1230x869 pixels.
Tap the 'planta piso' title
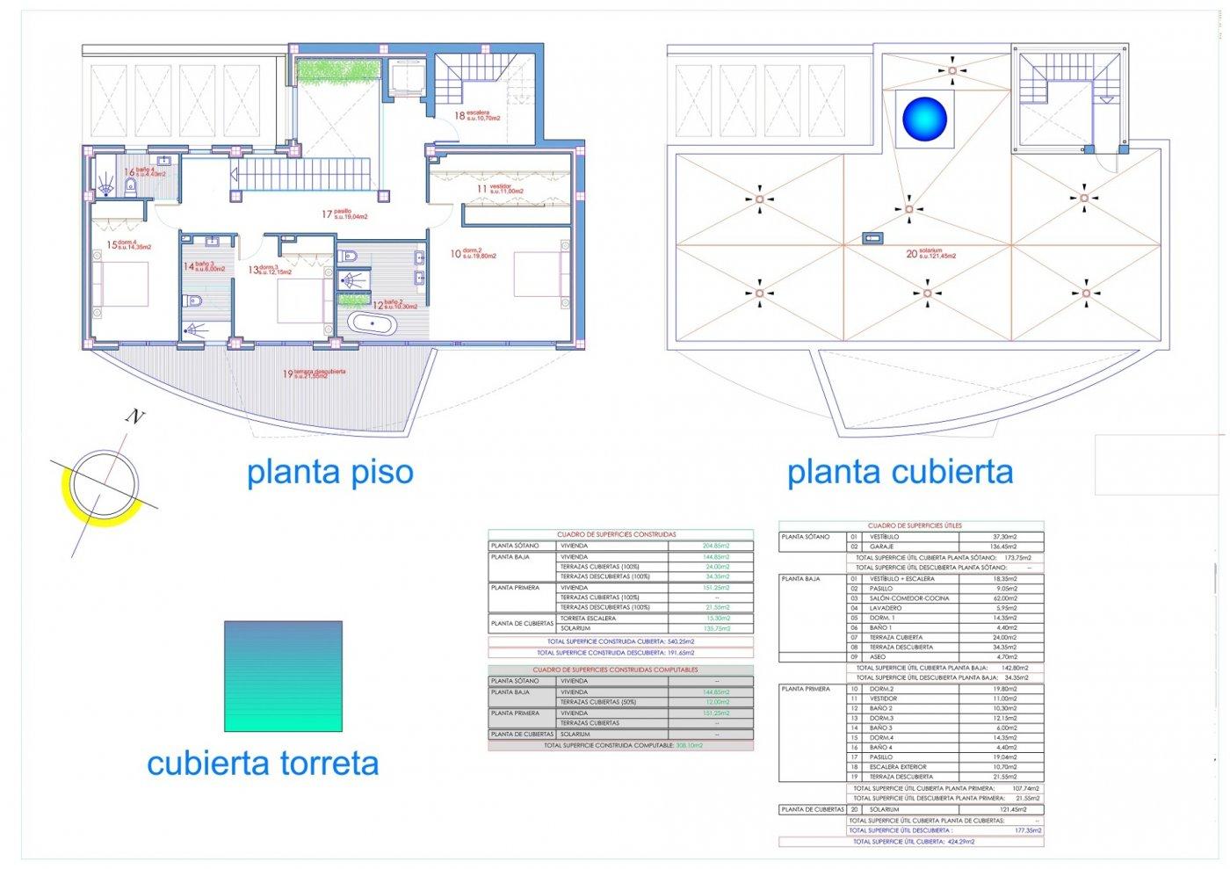[329, 472]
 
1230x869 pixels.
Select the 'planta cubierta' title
[900, 472]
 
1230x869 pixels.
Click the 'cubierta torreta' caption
[263, 763]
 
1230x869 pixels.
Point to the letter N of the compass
[134, 416]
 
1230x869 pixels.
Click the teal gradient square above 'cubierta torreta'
[283, 676]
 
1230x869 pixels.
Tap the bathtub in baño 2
[373, 324]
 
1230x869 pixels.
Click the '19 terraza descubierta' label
[314, 373]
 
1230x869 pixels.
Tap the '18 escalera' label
[477, 115]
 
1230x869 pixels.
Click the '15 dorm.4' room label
[128, 246]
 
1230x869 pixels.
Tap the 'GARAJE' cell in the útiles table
[881, 547]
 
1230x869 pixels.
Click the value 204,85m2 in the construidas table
[716, 546]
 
